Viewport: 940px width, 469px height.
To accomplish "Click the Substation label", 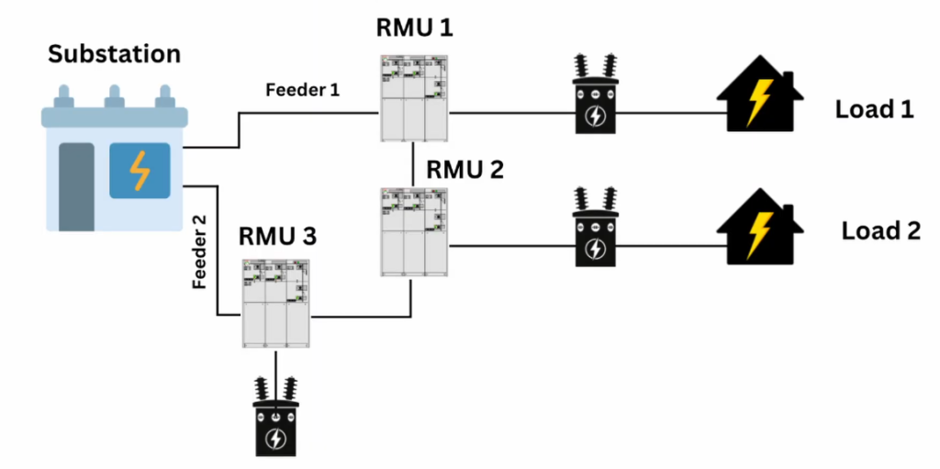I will pyautogui.click(x=115, y=53).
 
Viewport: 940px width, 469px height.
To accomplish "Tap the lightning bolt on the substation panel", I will pyautogui.click(x=140, y=170).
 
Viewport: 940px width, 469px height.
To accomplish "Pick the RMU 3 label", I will pyautogui.click(x=277, y=236).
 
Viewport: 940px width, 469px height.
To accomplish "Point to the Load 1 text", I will pyautogui.click(x=874, y=110).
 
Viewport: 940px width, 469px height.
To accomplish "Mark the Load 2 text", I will pyautogui.click(x=880, y=230).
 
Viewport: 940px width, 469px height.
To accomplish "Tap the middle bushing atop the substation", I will pyautogui.click(x=114, y=96).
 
